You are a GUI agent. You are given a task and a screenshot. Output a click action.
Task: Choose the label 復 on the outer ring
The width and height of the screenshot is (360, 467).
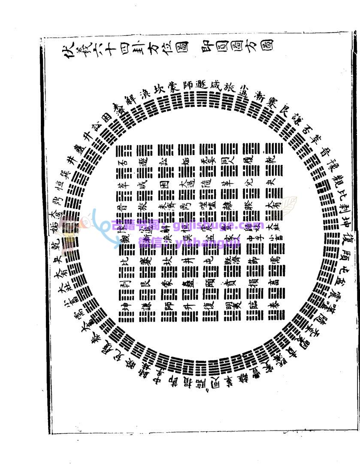coord(340,238)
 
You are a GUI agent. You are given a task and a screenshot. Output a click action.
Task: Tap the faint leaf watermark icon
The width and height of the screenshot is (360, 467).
coord(285,206)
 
